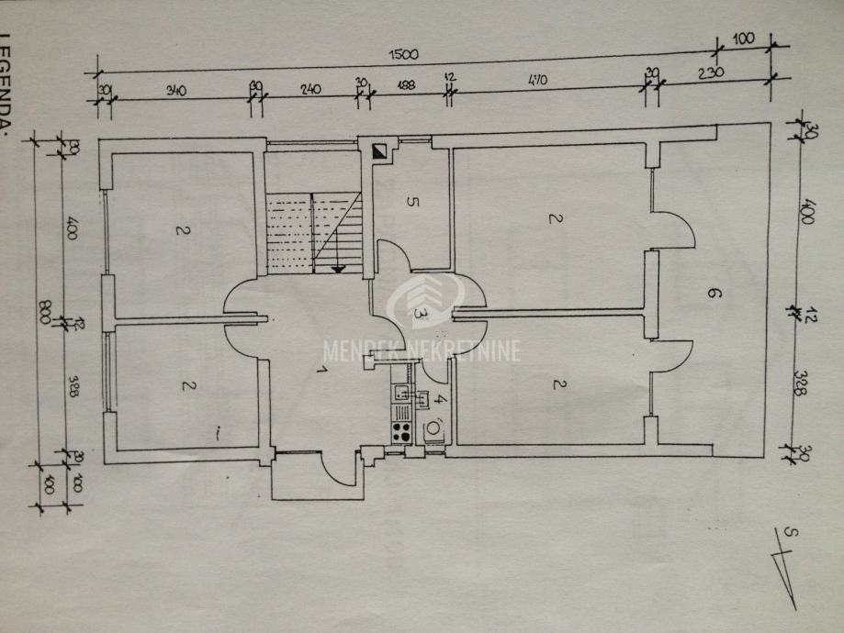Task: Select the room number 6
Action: [713, 294]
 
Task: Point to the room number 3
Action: [421, 313]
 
